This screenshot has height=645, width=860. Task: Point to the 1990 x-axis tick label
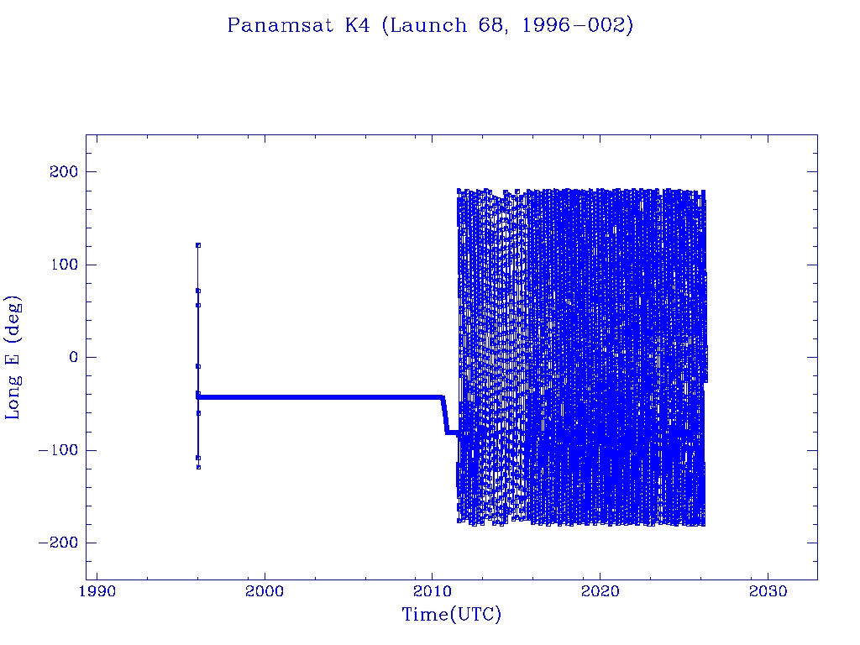tap(97, 591)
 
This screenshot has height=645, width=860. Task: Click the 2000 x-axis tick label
tap(265, 591)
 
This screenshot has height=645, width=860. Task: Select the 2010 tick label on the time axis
tap(432, 591)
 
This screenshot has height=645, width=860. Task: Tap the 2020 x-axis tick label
tap(600, 591)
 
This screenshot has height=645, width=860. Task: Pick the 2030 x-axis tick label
tap(767, 591)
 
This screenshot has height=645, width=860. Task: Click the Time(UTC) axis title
tap(451, 615)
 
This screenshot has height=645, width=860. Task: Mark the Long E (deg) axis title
tap(14, 357)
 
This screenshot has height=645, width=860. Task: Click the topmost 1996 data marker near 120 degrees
tap(198, 245)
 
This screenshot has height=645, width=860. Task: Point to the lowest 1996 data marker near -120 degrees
tap(198, 467)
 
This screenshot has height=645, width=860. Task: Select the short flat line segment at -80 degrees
tap(452, 432)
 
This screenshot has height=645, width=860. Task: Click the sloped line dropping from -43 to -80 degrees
tap(444, 415)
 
